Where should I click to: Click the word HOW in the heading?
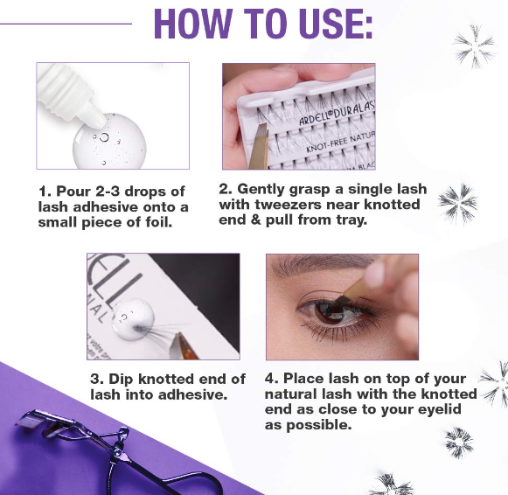point(193,24)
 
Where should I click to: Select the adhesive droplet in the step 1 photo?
point(109,142)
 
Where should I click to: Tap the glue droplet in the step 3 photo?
point(133,319)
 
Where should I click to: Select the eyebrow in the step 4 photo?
point(321,265)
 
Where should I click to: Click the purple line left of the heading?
point(66,24)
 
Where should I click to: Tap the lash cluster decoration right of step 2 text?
point(457,204)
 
